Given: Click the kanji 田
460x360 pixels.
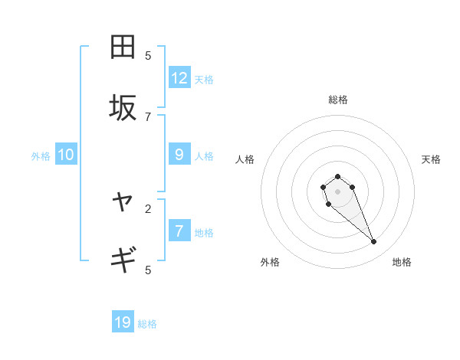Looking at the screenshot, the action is click(123, 47).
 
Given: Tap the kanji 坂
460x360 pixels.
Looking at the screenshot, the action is click(123, 108).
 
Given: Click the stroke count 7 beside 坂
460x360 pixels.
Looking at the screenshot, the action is click(148, 116).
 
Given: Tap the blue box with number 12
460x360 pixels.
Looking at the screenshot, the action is click(179, 78).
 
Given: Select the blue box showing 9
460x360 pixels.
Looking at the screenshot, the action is click(179, 155).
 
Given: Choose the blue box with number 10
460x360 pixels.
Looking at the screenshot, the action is click(66, 155).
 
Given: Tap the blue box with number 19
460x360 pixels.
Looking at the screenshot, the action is click(123, 322).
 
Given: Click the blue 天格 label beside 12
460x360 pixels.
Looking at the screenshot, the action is click(204, 80).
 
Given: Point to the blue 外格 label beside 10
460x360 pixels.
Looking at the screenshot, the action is click(41, 156).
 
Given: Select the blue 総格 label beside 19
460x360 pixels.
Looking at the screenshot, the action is click(147, 324).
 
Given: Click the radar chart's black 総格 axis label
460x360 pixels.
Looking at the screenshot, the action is click(337, 100).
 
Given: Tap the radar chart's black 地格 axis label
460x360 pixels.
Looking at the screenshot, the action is click(402, 262).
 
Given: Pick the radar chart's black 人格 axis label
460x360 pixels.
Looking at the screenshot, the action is click(245, 159).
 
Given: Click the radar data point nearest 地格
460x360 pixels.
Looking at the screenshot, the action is click(374, 242).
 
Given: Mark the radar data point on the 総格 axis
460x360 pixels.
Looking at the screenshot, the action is click(337, 177).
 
